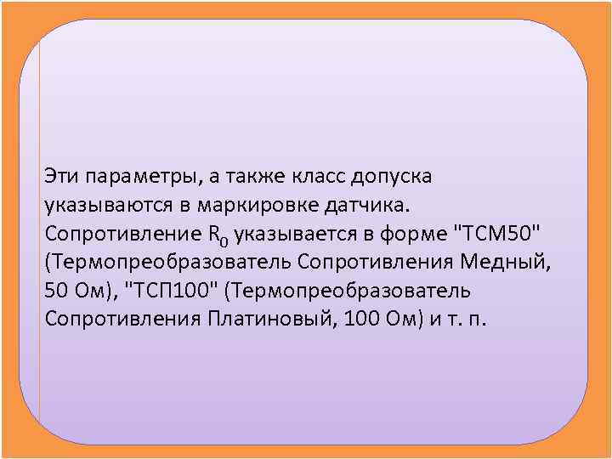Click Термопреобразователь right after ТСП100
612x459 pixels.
point(350,291)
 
